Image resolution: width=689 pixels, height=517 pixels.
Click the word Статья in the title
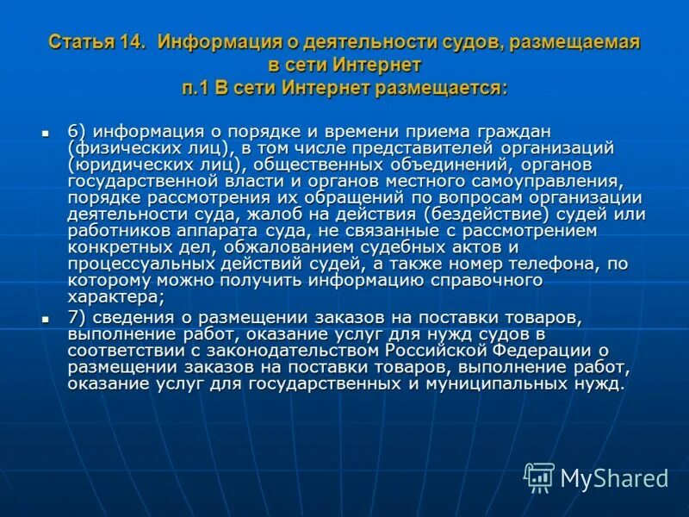pos(78,42)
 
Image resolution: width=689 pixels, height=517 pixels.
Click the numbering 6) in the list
pos(77,131)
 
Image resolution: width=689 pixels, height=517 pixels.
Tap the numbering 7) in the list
pos(77,317)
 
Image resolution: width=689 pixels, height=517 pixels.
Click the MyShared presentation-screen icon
pos(539,477)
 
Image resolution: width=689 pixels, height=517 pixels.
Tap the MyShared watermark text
pos(614,478)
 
